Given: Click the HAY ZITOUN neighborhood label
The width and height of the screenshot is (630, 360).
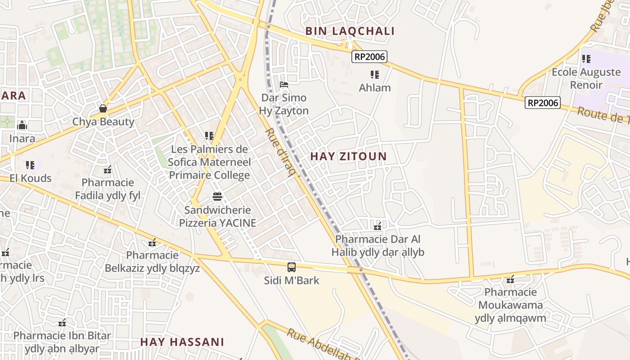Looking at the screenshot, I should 348,157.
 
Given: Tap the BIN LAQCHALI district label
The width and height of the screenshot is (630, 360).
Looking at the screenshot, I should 350,31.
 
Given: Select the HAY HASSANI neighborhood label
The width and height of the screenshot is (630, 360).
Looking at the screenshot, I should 182,342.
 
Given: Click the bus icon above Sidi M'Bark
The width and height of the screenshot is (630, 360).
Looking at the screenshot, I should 292,267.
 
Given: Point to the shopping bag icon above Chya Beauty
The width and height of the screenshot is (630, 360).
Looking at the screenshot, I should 103,108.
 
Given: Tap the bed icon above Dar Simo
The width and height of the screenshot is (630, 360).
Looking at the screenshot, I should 283,84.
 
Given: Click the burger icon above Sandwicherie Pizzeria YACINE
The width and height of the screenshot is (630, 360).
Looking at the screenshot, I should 217,197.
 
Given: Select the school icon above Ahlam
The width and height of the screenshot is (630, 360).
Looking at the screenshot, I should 375,74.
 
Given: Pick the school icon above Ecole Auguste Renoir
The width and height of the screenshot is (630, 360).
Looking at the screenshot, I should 586,58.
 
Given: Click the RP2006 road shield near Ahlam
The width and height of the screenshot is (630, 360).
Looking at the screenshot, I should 369,56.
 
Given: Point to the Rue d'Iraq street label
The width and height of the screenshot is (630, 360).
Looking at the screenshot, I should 283,152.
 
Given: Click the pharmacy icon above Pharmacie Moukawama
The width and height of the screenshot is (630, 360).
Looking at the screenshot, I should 510,279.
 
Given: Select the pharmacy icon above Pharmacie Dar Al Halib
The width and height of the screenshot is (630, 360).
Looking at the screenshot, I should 378,226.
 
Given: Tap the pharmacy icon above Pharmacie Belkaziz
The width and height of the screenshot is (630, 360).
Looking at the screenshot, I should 152,243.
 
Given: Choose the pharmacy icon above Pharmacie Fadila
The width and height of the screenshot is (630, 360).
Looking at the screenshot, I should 108,170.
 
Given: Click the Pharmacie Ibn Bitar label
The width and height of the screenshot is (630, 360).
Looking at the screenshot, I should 62,342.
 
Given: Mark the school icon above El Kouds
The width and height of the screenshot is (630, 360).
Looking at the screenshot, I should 30,165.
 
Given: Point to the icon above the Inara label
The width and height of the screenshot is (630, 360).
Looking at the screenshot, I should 22,126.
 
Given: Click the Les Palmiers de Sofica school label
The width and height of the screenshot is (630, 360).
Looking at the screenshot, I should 209,162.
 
